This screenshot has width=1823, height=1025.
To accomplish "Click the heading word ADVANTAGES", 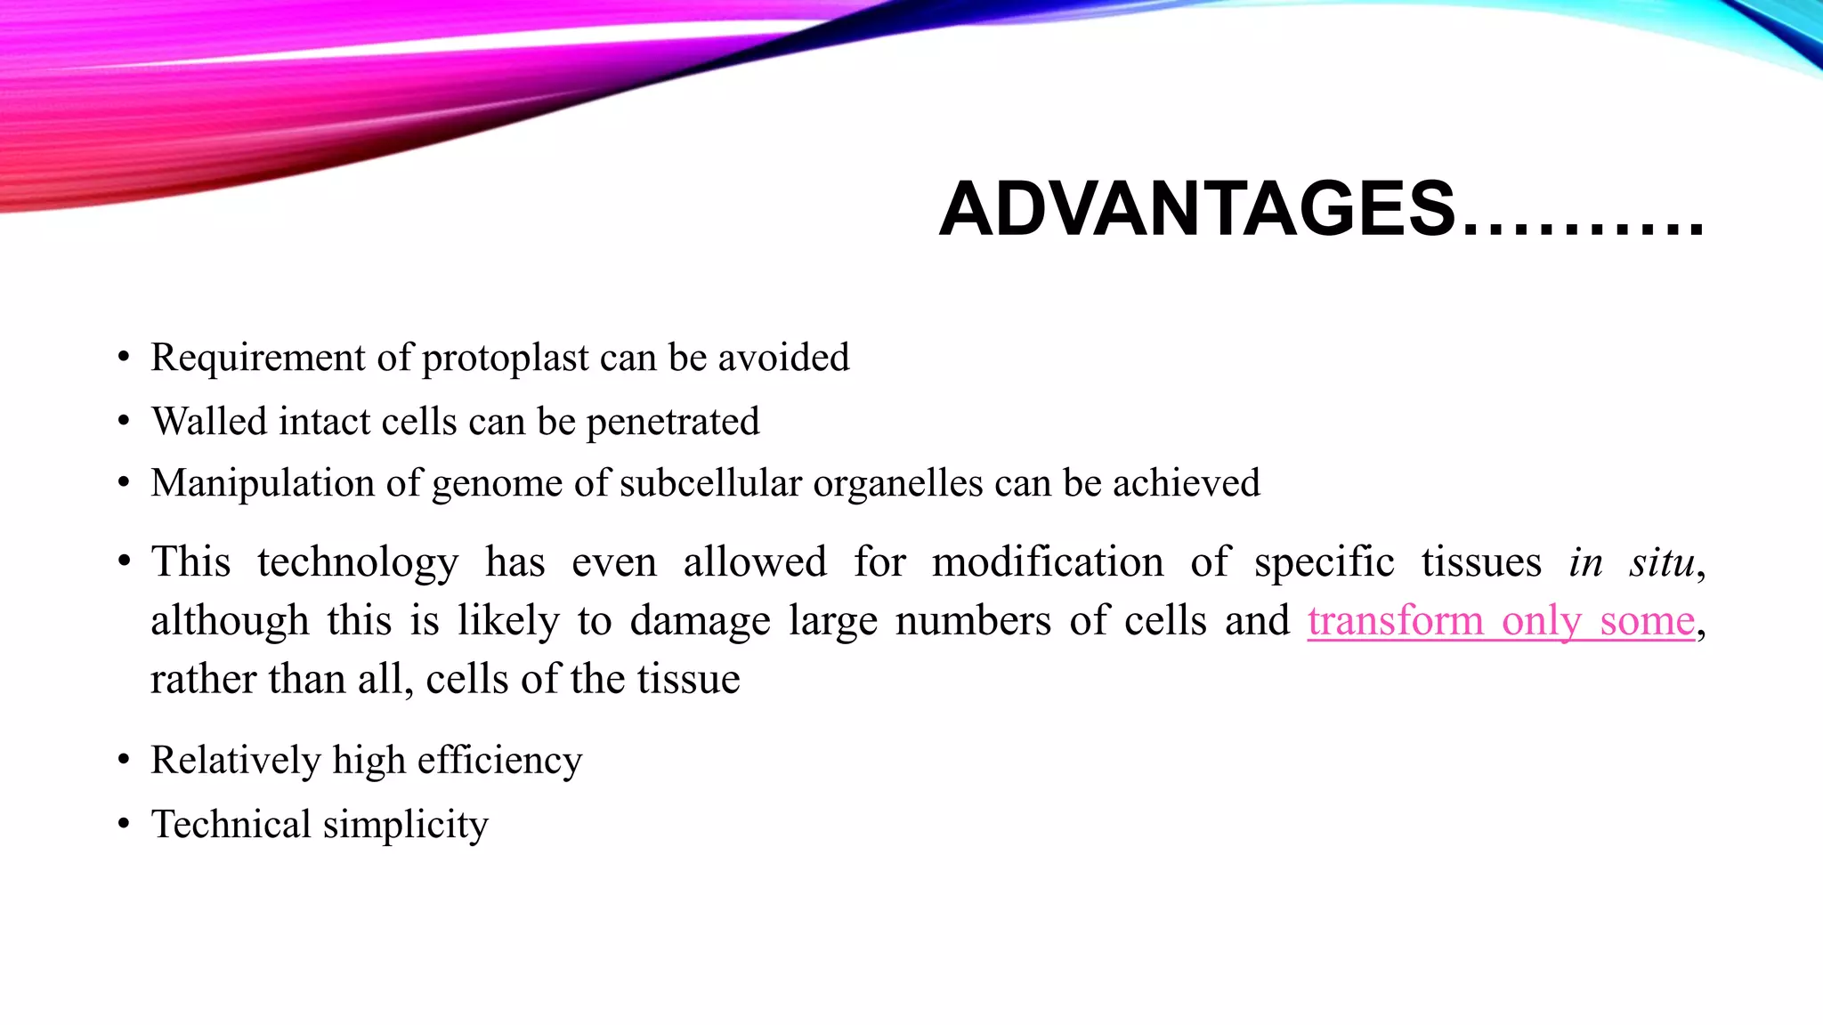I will click(1196, 210).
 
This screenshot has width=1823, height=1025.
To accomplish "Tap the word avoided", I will click(783, 358).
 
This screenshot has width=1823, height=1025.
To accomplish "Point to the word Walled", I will click(208, 422).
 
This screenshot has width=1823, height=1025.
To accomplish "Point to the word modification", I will click(1048, 562).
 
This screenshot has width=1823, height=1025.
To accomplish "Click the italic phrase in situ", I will click(1632, 562).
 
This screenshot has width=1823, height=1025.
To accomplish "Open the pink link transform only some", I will click(1501, 621).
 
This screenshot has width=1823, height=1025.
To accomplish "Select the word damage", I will click(700, 622).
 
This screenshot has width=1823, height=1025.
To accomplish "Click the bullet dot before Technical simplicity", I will click(124, 825).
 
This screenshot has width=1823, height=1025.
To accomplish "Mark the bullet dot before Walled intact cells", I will click(124, 422).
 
